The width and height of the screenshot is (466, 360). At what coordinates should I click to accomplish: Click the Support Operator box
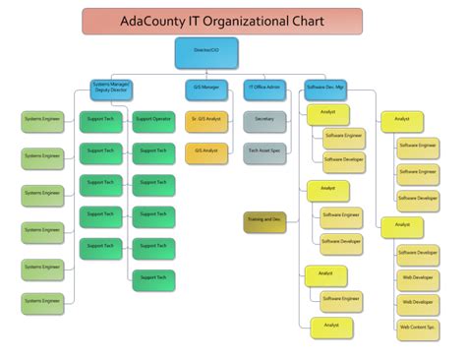(154, 120)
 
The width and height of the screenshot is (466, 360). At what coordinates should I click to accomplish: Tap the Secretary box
(264, 120)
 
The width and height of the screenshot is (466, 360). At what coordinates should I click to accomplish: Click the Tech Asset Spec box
(264, 151)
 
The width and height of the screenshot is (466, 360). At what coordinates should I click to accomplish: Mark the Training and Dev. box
(264, 221)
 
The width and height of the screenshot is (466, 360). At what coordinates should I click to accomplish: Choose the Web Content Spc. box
(418, 327)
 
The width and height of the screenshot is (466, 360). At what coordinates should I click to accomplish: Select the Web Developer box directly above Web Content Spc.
(418, 303)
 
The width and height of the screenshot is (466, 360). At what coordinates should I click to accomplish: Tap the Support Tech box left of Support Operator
(100, 120)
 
